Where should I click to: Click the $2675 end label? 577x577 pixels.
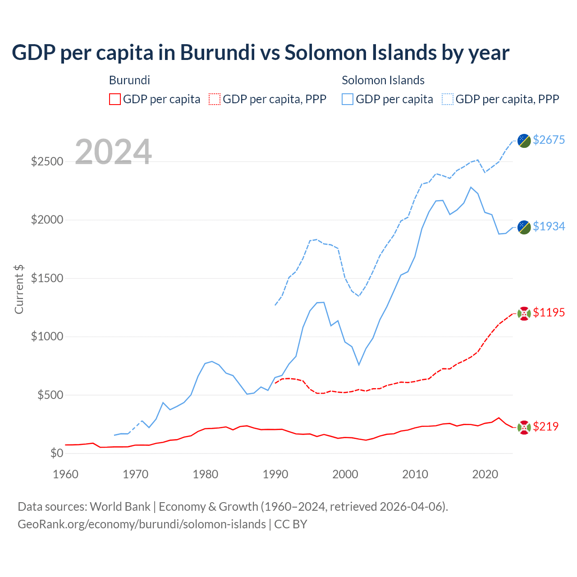(549, 140)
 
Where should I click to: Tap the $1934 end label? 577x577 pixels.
(549, 226)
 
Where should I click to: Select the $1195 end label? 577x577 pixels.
(549, 312)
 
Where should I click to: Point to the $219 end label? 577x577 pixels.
(545, 426)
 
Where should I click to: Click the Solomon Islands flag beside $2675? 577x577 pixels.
(524, 140)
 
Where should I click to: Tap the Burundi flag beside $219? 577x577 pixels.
(524, 427)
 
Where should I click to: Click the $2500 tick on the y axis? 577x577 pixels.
(47, 161)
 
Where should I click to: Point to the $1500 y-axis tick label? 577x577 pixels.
(47, 278)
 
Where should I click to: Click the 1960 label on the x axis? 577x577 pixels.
(66, 474)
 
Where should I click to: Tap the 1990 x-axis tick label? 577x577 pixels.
(275, 474)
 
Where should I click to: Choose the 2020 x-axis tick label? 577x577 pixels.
(485, 474)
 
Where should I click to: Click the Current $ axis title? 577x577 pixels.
(19, 289)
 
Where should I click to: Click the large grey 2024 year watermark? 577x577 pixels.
(113, 152)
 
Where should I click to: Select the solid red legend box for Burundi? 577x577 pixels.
(115, 99)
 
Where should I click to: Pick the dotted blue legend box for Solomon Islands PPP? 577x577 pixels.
(448, 99)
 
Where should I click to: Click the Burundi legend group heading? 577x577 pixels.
(129, 80)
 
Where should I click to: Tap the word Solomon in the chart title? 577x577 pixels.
(324, 53)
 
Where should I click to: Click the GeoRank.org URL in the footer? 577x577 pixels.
(142, 524)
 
